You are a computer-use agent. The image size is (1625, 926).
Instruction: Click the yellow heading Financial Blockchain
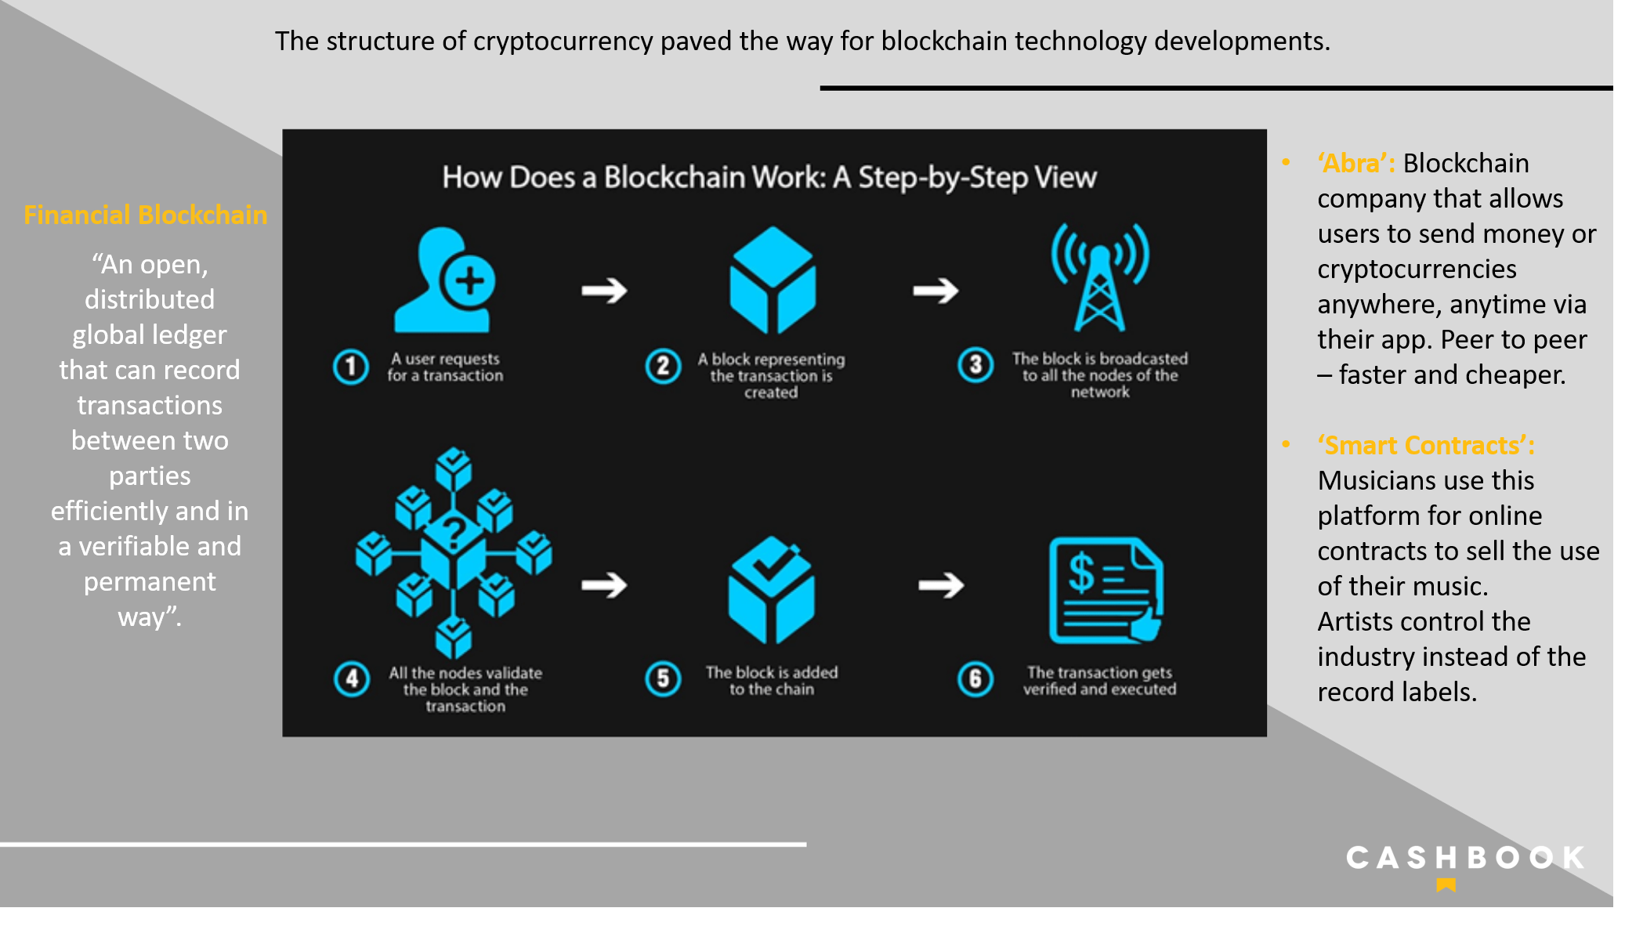(x=146, y=215)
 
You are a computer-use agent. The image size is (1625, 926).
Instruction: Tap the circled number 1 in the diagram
(x=351, y=367)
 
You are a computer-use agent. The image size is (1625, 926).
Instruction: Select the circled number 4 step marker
(x=352, y=679)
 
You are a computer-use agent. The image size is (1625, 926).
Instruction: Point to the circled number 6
(x=975, y=679)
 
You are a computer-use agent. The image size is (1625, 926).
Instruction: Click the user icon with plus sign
(x=444, y=280)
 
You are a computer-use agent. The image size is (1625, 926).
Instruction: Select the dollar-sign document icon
(x=1106, y=590)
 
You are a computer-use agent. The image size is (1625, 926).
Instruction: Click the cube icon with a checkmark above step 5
(x=772, y=589)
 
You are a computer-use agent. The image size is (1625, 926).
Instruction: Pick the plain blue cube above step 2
(x=773, y=280)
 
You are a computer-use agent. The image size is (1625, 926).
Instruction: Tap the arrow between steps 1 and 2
(x=604, y=291)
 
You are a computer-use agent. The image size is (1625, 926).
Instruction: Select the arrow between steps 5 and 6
(x=941, y=584)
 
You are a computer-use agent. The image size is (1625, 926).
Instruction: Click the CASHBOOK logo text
(x=1466, y=858)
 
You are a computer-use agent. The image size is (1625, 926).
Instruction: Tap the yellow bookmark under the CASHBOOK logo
(x=1446, y=885)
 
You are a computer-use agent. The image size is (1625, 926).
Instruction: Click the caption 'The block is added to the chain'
(x=772, y=681)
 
